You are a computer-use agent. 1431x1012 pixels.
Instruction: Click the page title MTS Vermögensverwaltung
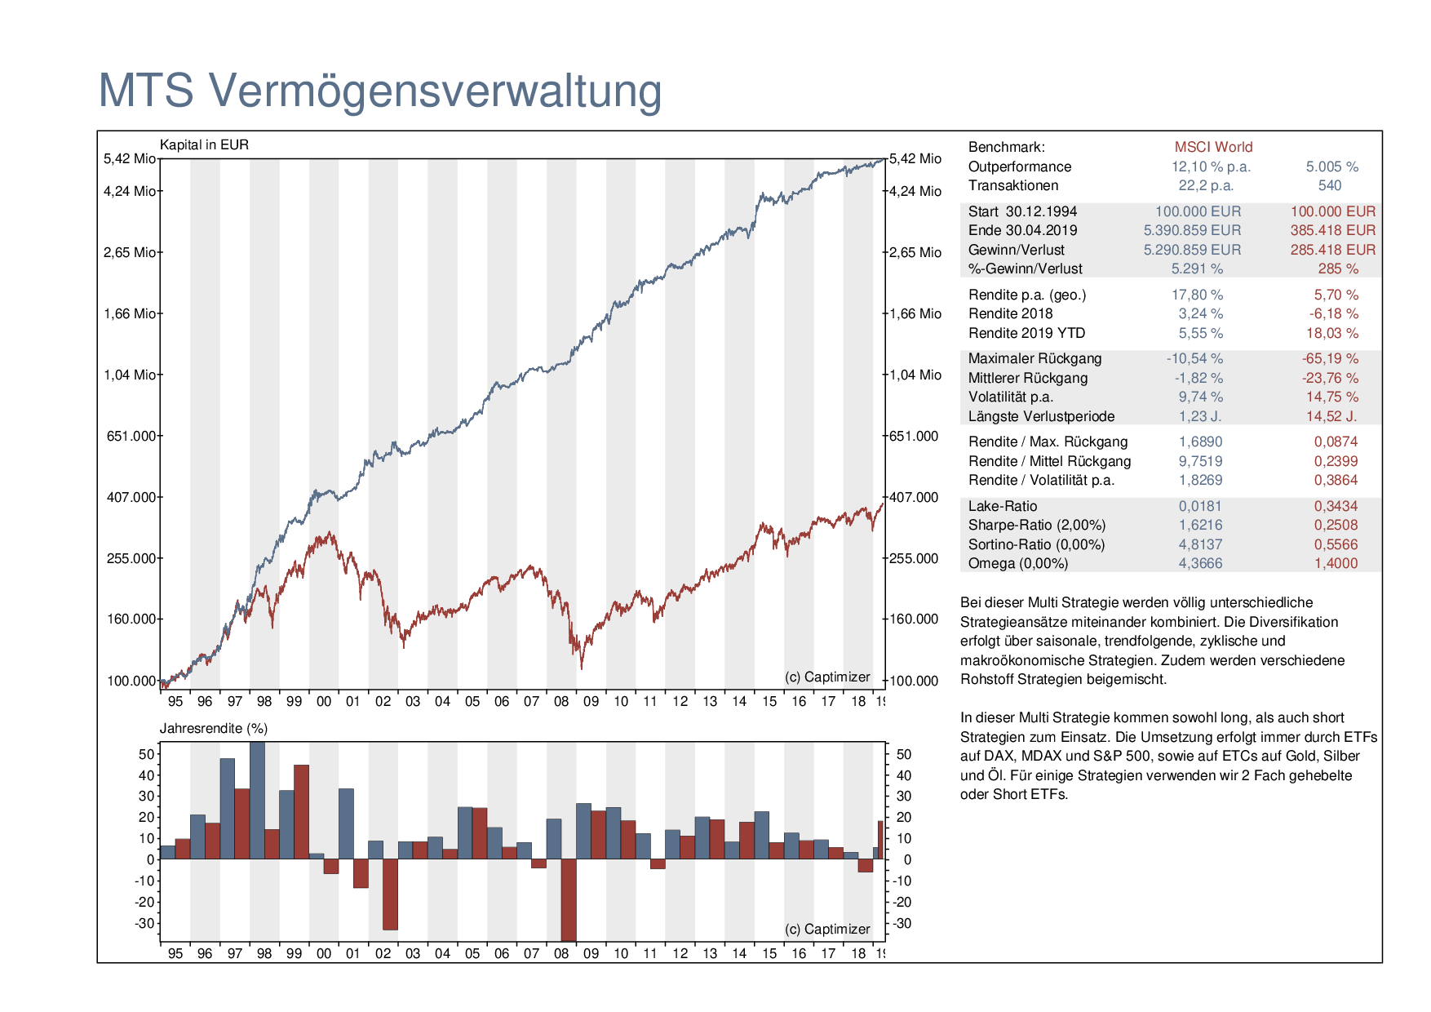[x=380, y=91]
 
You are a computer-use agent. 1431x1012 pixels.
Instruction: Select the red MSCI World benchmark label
[x=1213, y=147]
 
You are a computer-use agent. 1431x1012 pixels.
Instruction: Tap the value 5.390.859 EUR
[x=1192, y=230]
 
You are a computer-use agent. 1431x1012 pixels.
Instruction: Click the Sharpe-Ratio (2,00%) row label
[x=1037, y=525]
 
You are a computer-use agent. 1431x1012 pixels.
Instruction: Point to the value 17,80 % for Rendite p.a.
[x=1197, y=295]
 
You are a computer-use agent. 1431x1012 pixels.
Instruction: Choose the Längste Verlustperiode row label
[x=1041, y=416]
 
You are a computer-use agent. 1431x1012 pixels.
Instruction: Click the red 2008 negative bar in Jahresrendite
[x=569, y=900]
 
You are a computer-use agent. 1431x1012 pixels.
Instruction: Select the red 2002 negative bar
[x=390, y=894]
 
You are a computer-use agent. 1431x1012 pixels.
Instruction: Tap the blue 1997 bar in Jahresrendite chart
[x=227, y=809]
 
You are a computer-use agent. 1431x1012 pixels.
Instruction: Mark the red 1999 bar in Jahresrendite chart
[x=301, y=812]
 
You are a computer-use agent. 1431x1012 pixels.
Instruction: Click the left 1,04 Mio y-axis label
[x=129, y=375]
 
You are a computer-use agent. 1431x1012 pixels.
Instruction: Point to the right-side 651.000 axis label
[x=914, y=436]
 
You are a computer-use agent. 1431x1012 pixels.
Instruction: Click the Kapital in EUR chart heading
[x=204, y=144]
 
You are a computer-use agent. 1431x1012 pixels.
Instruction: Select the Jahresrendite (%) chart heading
[x=214, y=728]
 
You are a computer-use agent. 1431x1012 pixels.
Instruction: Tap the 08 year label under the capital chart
[x=561, y=701]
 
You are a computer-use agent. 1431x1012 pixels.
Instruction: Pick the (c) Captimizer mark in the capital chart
[x=827, y=677]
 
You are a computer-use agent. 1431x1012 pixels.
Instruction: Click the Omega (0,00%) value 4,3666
[x=1200, y=563]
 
